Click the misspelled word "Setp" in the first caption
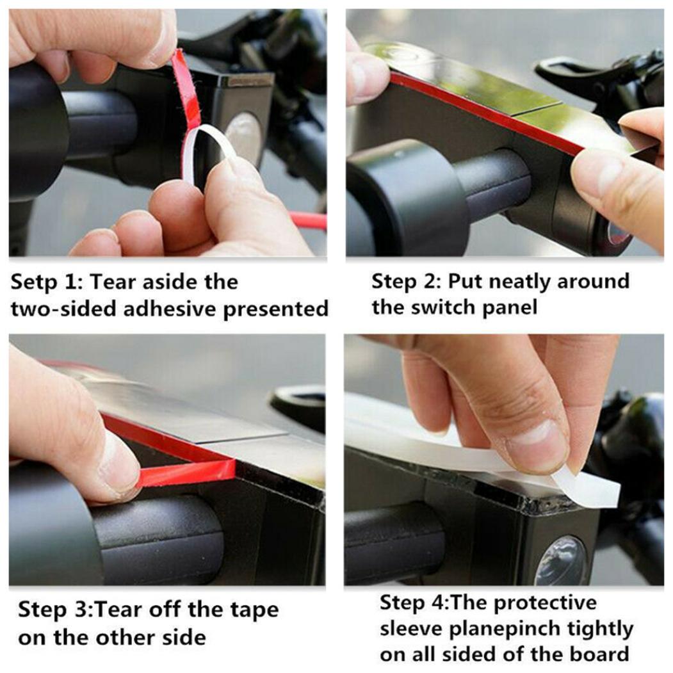[33, 282]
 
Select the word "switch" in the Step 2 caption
[443, 307]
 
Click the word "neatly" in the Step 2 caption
[519, 282]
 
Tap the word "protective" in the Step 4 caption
[545, 603]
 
